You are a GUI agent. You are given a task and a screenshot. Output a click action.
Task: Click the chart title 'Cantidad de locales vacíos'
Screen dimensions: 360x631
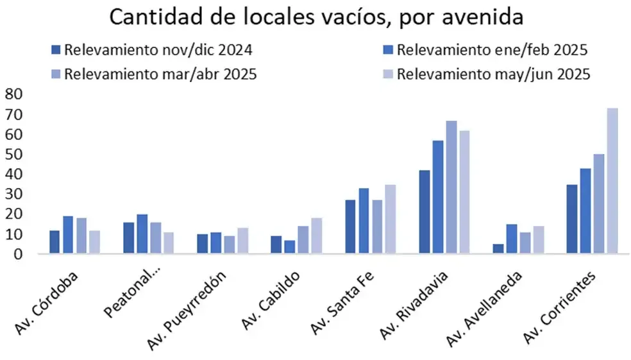click(315, 17)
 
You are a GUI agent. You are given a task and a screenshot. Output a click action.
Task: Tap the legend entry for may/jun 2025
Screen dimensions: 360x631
click(486, 74)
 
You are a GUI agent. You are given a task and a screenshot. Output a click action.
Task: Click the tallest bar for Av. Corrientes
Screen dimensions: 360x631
click(612, 181)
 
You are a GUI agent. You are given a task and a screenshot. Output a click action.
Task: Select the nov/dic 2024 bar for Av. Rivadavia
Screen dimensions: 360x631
click(423, 212)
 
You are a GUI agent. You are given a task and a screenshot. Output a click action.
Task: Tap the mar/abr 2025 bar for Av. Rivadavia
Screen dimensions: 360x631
click(451, 187)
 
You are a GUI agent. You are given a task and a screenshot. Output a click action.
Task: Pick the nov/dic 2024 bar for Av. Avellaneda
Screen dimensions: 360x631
click(498, 249)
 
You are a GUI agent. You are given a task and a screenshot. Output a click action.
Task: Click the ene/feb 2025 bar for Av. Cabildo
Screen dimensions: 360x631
click(290, 247)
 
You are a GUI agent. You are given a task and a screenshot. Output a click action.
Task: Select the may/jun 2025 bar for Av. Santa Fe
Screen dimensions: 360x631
click(391, 219)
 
